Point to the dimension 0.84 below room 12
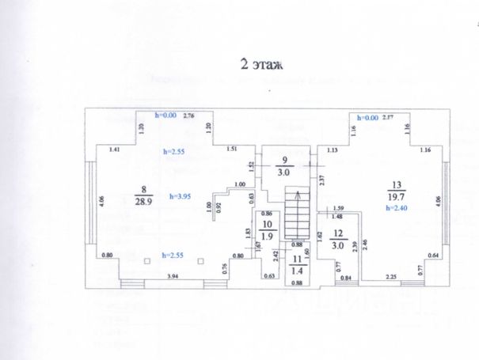point(346,277)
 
